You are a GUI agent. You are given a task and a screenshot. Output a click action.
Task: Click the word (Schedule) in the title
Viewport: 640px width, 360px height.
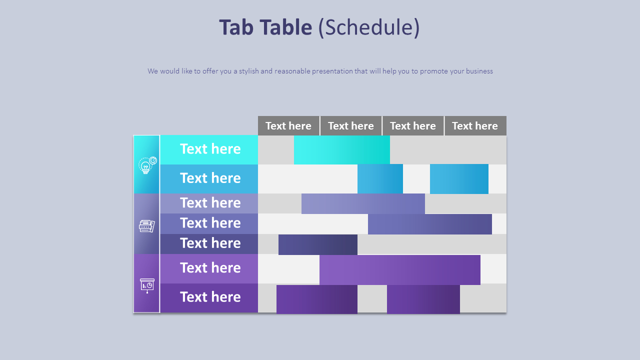369,27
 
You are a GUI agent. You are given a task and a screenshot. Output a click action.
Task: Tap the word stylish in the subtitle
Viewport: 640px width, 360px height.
248,71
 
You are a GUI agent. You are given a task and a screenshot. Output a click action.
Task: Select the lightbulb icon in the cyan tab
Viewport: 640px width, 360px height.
146,165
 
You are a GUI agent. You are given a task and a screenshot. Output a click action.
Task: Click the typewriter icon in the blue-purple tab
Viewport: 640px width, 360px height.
146,226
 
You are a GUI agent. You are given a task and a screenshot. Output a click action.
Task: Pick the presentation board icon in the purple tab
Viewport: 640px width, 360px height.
147,285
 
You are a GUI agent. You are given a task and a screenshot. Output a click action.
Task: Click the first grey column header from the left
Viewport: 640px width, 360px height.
288,126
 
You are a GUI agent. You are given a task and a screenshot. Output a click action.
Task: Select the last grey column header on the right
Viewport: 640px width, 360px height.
475,126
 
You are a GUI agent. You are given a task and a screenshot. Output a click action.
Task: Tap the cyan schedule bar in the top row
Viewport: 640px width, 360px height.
342,149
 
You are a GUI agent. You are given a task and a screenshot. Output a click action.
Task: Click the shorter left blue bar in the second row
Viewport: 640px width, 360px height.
380,178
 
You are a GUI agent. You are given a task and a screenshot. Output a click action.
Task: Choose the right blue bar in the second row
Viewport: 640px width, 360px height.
459,178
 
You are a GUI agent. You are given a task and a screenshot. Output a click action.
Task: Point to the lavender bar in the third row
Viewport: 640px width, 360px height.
363,203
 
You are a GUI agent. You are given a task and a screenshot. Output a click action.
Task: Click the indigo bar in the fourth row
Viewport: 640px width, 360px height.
430,223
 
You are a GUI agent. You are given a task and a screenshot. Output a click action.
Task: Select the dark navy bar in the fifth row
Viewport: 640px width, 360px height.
318,244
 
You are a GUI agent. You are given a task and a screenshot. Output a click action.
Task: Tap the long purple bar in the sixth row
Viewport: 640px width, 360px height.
400,269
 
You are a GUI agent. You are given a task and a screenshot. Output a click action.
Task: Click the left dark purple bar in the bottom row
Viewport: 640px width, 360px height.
317,299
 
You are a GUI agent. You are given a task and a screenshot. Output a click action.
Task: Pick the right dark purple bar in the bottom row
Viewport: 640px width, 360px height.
423,299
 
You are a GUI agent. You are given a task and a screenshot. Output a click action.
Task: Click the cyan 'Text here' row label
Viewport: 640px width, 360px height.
210,149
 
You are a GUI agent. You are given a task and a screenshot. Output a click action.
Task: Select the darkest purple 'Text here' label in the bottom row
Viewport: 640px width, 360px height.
210,297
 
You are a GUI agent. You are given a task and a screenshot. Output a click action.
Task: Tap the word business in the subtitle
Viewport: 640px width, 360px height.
479,71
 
